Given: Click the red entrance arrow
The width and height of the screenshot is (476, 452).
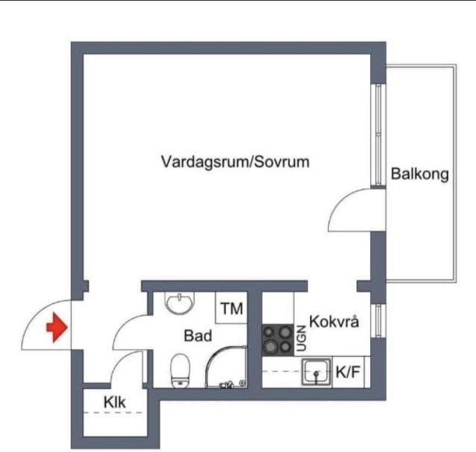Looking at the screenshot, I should pyautogui.click(x=55, y=327).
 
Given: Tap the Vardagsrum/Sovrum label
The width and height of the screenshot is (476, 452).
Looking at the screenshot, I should pyautogui.click(x=235, y=162).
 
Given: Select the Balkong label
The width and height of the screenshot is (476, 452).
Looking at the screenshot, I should pyautogui.click(x=420, y=175).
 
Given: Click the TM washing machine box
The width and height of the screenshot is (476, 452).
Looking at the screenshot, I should pyautogui.click(x=231, y=309).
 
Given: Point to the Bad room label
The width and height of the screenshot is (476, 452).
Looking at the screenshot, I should pyautogui.click(x=198, y=336).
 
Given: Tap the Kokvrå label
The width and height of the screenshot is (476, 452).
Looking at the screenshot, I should pyautogui.click(x=334, y=321).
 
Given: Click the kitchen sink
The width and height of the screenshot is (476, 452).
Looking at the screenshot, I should pyautogui.click(x=317, y=373).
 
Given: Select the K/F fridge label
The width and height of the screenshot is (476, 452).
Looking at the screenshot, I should pyautogui.click(x=347, y=373).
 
